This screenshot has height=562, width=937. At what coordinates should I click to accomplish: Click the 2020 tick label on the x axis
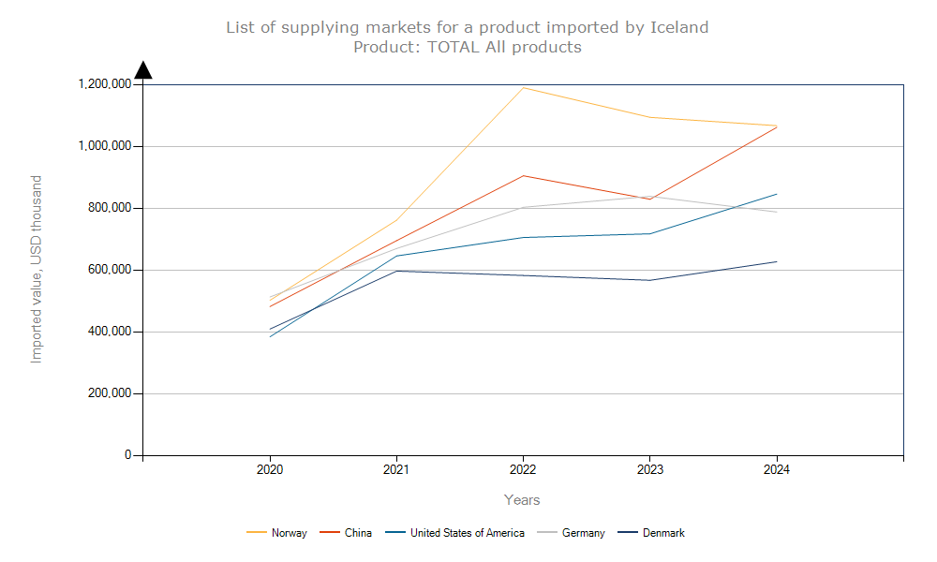(270, 469)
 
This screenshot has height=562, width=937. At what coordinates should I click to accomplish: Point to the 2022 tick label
(523, 469)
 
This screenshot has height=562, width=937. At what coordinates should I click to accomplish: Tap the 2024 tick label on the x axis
(776, 469)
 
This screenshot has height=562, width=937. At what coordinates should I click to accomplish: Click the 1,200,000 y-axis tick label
(104, 84)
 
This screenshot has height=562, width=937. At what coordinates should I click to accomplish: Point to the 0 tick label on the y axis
(126, 455)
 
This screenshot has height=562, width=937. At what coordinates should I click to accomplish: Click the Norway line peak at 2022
(523, 88)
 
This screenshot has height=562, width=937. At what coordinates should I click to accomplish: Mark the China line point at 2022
(523, 176)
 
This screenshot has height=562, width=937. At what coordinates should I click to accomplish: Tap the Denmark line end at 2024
(776, 261)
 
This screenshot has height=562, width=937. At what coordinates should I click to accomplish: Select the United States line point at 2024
(776, 194)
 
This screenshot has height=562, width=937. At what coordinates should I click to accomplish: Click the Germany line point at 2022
(523, 207)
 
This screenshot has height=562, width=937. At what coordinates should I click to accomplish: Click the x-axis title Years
(522, 500)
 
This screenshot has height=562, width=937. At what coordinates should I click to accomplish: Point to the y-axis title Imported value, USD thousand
(37, 269)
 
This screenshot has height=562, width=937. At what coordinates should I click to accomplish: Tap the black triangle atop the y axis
(143, 70)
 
